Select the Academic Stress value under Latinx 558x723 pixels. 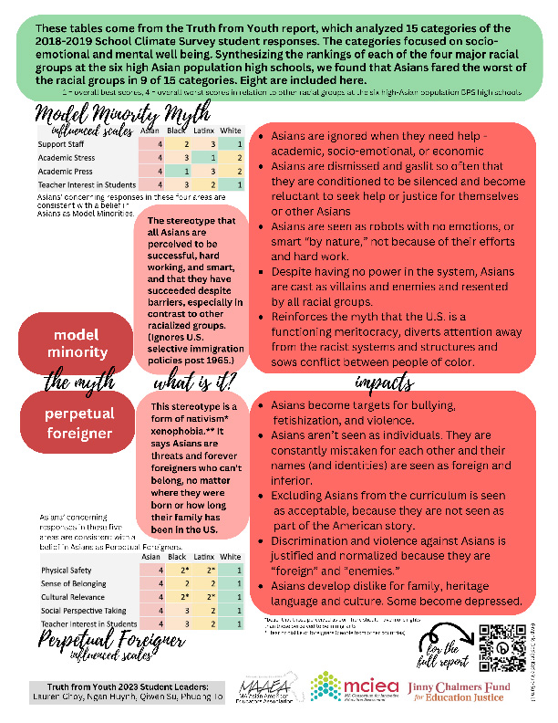pyautogui.click(x=211, y=158)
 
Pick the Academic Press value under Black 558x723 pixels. pyautogui.click(x=186, y=172)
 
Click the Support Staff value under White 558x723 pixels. pyautogui.click(x=235, y=144)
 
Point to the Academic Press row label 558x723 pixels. pyautogui.click(x=66, y=172)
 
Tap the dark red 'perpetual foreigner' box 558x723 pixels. pyautogui.click(x=78, y=421)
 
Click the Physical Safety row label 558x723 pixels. pyautogui.click(x=67, y=570)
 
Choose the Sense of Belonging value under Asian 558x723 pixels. pyautogui.click(x=160, y=583)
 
